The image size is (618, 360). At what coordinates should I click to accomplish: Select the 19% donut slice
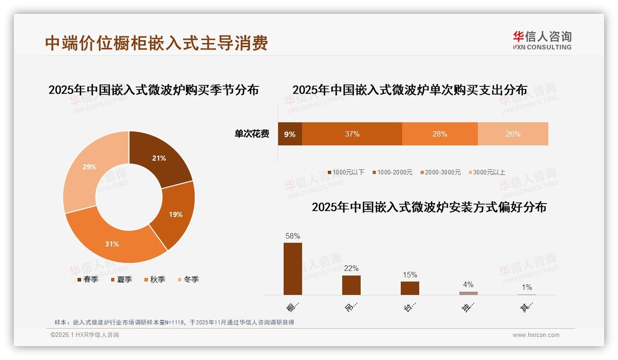coord(174,214)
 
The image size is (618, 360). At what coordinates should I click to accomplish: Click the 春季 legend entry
coord(87,279)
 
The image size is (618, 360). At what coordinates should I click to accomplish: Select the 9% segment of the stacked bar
coord(290,134)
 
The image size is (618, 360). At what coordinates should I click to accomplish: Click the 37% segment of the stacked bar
coord(352,134)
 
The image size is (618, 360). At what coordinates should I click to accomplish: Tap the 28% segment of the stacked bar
coord(440,134)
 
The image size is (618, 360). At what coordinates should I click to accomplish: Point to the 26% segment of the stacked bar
coord(513,134)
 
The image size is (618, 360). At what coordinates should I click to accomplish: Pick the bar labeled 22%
coord(351,285)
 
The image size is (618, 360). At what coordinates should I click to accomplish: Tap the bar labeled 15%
coord(410,288)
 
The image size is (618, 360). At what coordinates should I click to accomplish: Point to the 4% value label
coord(468,285)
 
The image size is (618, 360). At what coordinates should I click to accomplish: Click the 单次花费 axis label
coord(252,134)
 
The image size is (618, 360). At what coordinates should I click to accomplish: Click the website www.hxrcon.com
coord(536,335)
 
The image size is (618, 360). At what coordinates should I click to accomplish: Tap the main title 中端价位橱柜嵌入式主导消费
coord(157,43)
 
